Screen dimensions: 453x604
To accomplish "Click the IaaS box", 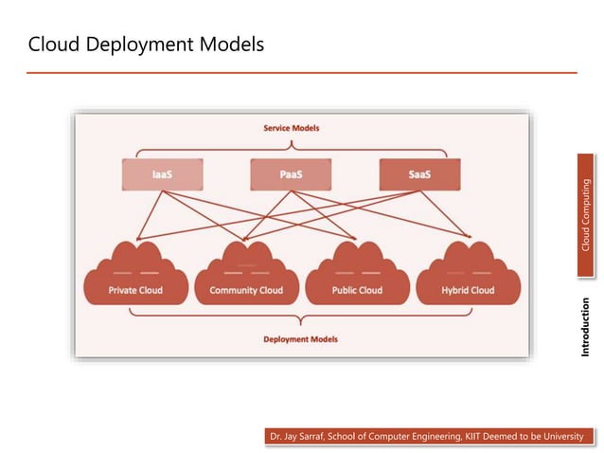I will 162,174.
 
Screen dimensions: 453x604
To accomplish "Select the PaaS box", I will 292,174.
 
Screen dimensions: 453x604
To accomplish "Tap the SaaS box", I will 419,174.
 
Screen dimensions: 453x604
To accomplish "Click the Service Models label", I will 291,127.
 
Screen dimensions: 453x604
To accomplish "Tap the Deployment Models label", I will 300,339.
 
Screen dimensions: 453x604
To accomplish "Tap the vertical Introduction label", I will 586,327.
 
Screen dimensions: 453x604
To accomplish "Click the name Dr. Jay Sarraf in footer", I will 300,436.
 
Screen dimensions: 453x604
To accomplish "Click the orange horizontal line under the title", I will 301,72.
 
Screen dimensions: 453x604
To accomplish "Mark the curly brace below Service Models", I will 291,147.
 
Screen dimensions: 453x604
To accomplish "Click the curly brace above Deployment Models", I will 300,319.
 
